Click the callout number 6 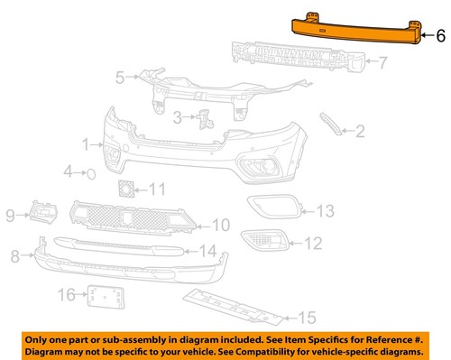pos(440,37)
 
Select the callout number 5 pos(120,78)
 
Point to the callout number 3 pos(179,115)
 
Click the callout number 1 pos(87,143)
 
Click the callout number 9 pos(12,215)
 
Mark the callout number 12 pos(311,242)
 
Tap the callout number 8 pos(15,257)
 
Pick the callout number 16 pos(66,294)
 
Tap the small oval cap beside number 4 pos(91,171)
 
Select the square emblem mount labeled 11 pos(125,189)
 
